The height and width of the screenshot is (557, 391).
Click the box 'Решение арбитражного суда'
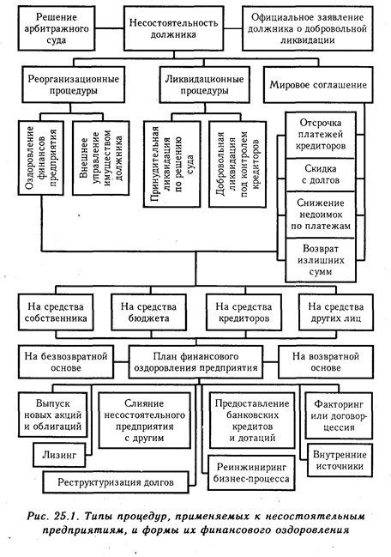coord(56,28)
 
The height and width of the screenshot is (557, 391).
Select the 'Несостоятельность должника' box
coord(173,28)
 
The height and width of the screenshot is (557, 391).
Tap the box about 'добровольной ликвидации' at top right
coord(308,28)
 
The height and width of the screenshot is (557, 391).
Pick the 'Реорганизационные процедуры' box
coord(74,85)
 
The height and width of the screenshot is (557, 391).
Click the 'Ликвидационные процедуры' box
coord(204,85)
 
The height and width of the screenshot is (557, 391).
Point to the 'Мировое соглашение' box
coord(318,85)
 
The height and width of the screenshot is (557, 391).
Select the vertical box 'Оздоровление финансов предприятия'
coord(41,158)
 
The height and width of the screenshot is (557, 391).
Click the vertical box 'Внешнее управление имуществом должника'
coord(101,158)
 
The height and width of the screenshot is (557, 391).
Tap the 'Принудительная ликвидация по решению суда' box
coord(172,164)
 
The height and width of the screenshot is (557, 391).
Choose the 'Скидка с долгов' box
coord(321,174)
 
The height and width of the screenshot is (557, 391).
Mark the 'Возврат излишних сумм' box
coord(321,260)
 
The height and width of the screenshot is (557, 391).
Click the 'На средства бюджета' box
coord(148,312)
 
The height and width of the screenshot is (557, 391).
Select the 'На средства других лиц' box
coord(335,312)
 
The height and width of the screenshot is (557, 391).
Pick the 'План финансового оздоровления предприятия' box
coord(195,362)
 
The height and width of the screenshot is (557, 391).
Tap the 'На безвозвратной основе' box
coord(66,362)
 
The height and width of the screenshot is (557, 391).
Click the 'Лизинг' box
coord(59,455)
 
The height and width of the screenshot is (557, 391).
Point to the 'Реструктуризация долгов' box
coord(116,482)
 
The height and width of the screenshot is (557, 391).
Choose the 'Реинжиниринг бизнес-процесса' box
coord(251,473)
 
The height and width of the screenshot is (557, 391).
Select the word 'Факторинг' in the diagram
coord(339,404)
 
